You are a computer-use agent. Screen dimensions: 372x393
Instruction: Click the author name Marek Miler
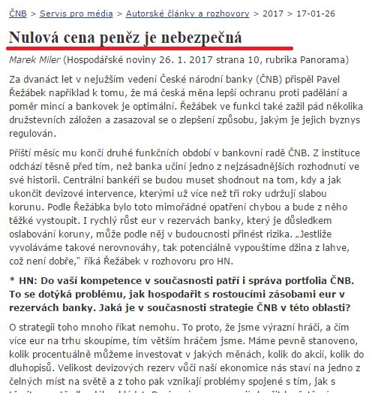pyautogui.click(x=37, y=59)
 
